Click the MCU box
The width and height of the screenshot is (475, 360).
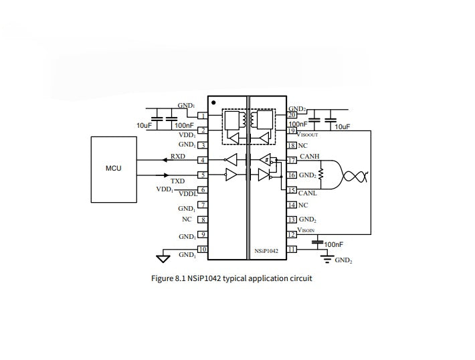113,168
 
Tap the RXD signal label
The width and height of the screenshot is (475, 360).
177,157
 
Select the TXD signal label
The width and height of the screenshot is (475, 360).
177,181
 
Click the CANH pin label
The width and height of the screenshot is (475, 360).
310,157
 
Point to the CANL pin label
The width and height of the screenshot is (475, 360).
308,193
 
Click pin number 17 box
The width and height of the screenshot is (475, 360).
292,161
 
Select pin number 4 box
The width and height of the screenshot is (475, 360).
201,161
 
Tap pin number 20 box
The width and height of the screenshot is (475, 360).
292,114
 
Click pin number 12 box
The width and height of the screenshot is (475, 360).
292,234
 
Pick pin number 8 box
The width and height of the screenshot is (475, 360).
201,219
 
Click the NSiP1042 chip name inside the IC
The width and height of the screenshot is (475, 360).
266,251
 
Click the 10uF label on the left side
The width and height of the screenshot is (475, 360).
145,125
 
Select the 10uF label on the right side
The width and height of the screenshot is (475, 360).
342,126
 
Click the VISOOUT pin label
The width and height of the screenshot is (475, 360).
308,134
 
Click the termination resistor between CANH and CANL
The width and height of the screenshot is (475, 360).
321,175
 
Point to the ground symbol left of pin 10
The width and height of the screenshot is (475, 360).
161,257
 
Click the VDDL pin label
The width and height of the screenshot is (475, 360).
188,193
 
